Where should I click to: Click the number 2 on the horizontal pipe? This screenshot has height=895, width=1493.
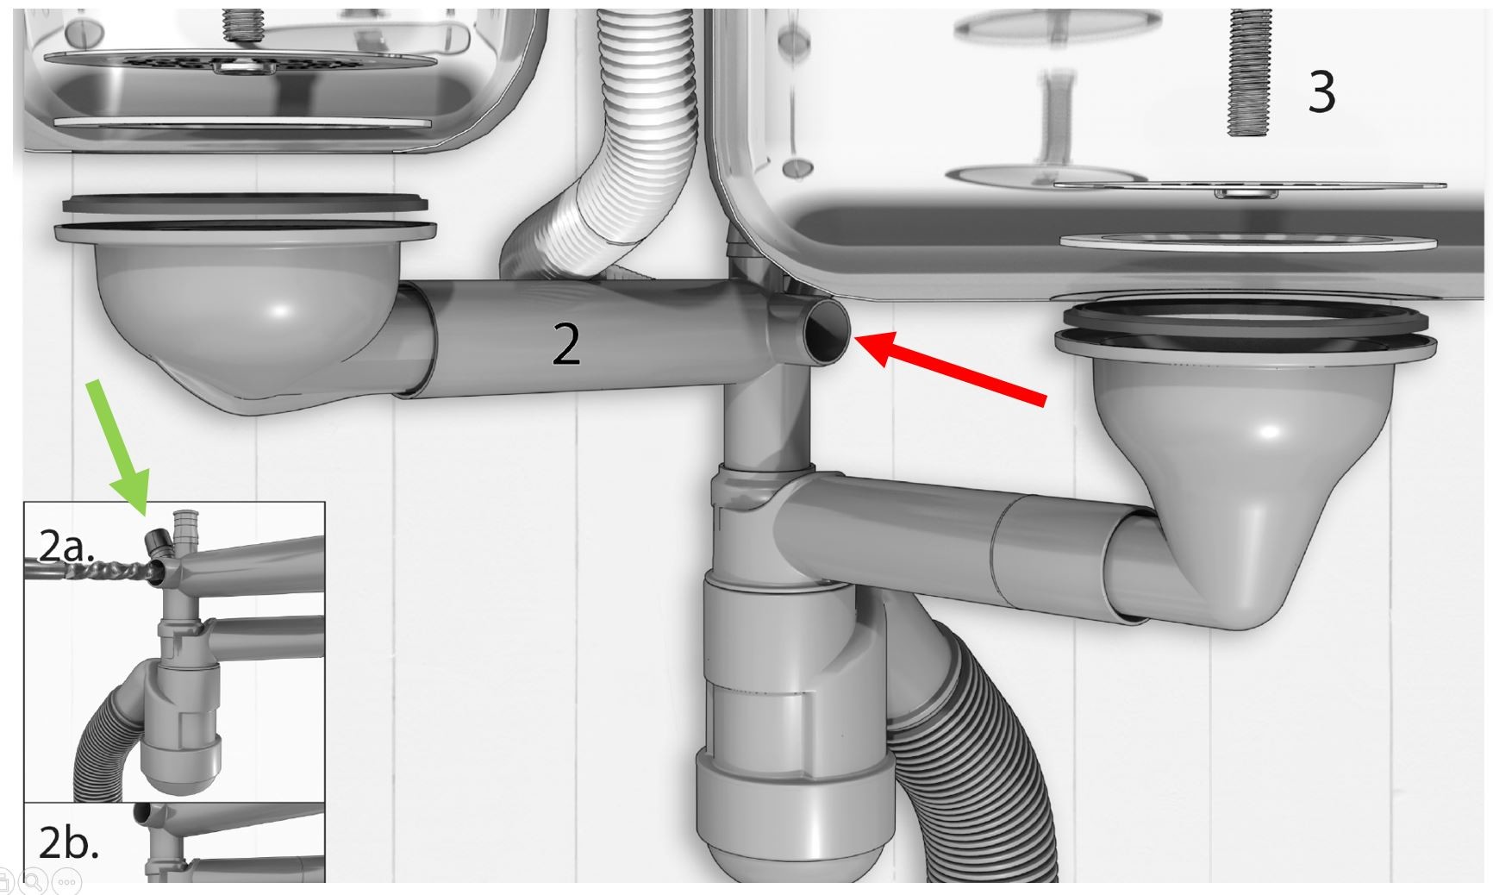tap(565, 345)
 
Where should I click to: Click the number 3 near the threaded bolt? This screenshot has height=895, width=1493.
tap(1321, 91)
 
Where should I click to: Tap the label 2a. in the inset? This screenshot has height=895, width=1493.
tap(66, 546)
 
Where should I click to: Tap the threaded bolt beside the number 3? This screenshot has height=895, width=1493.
tap(1250, 72)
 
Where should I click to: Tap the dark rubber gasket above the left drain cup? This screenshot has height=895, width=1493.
tap(244, 205)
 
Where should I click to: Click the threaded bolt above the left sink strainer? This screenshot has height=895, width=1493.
tap(245, 26)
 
